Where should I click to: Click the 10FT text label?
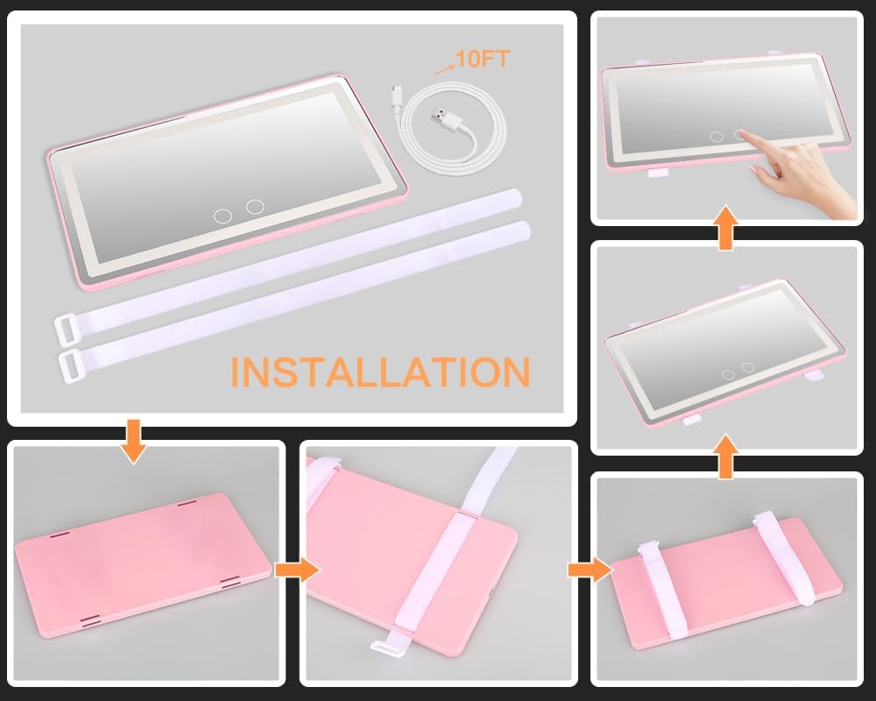pos(483,59)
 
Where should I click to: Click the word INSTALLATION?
pos(380,372)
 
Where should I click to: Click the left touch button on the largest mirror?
pos(223,216)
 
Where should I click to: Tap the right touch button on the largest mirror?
pos(255,206)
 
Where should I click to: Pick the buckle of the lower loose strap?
pos(72,366)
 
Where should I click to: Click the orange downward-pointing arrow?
pos(133,442)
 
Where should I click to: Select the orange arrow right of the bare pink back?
pos(297,570)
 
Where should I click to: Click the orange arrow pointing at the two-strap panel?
pos(590,570)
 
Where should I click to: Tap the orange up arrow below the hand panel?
pos(725,227)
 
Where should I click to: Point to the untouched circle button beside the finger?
pos(717,137)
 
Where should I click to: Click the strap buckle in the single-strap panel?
pos(385,647)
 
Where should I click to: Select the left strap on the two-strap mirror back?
pos(661,589)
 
